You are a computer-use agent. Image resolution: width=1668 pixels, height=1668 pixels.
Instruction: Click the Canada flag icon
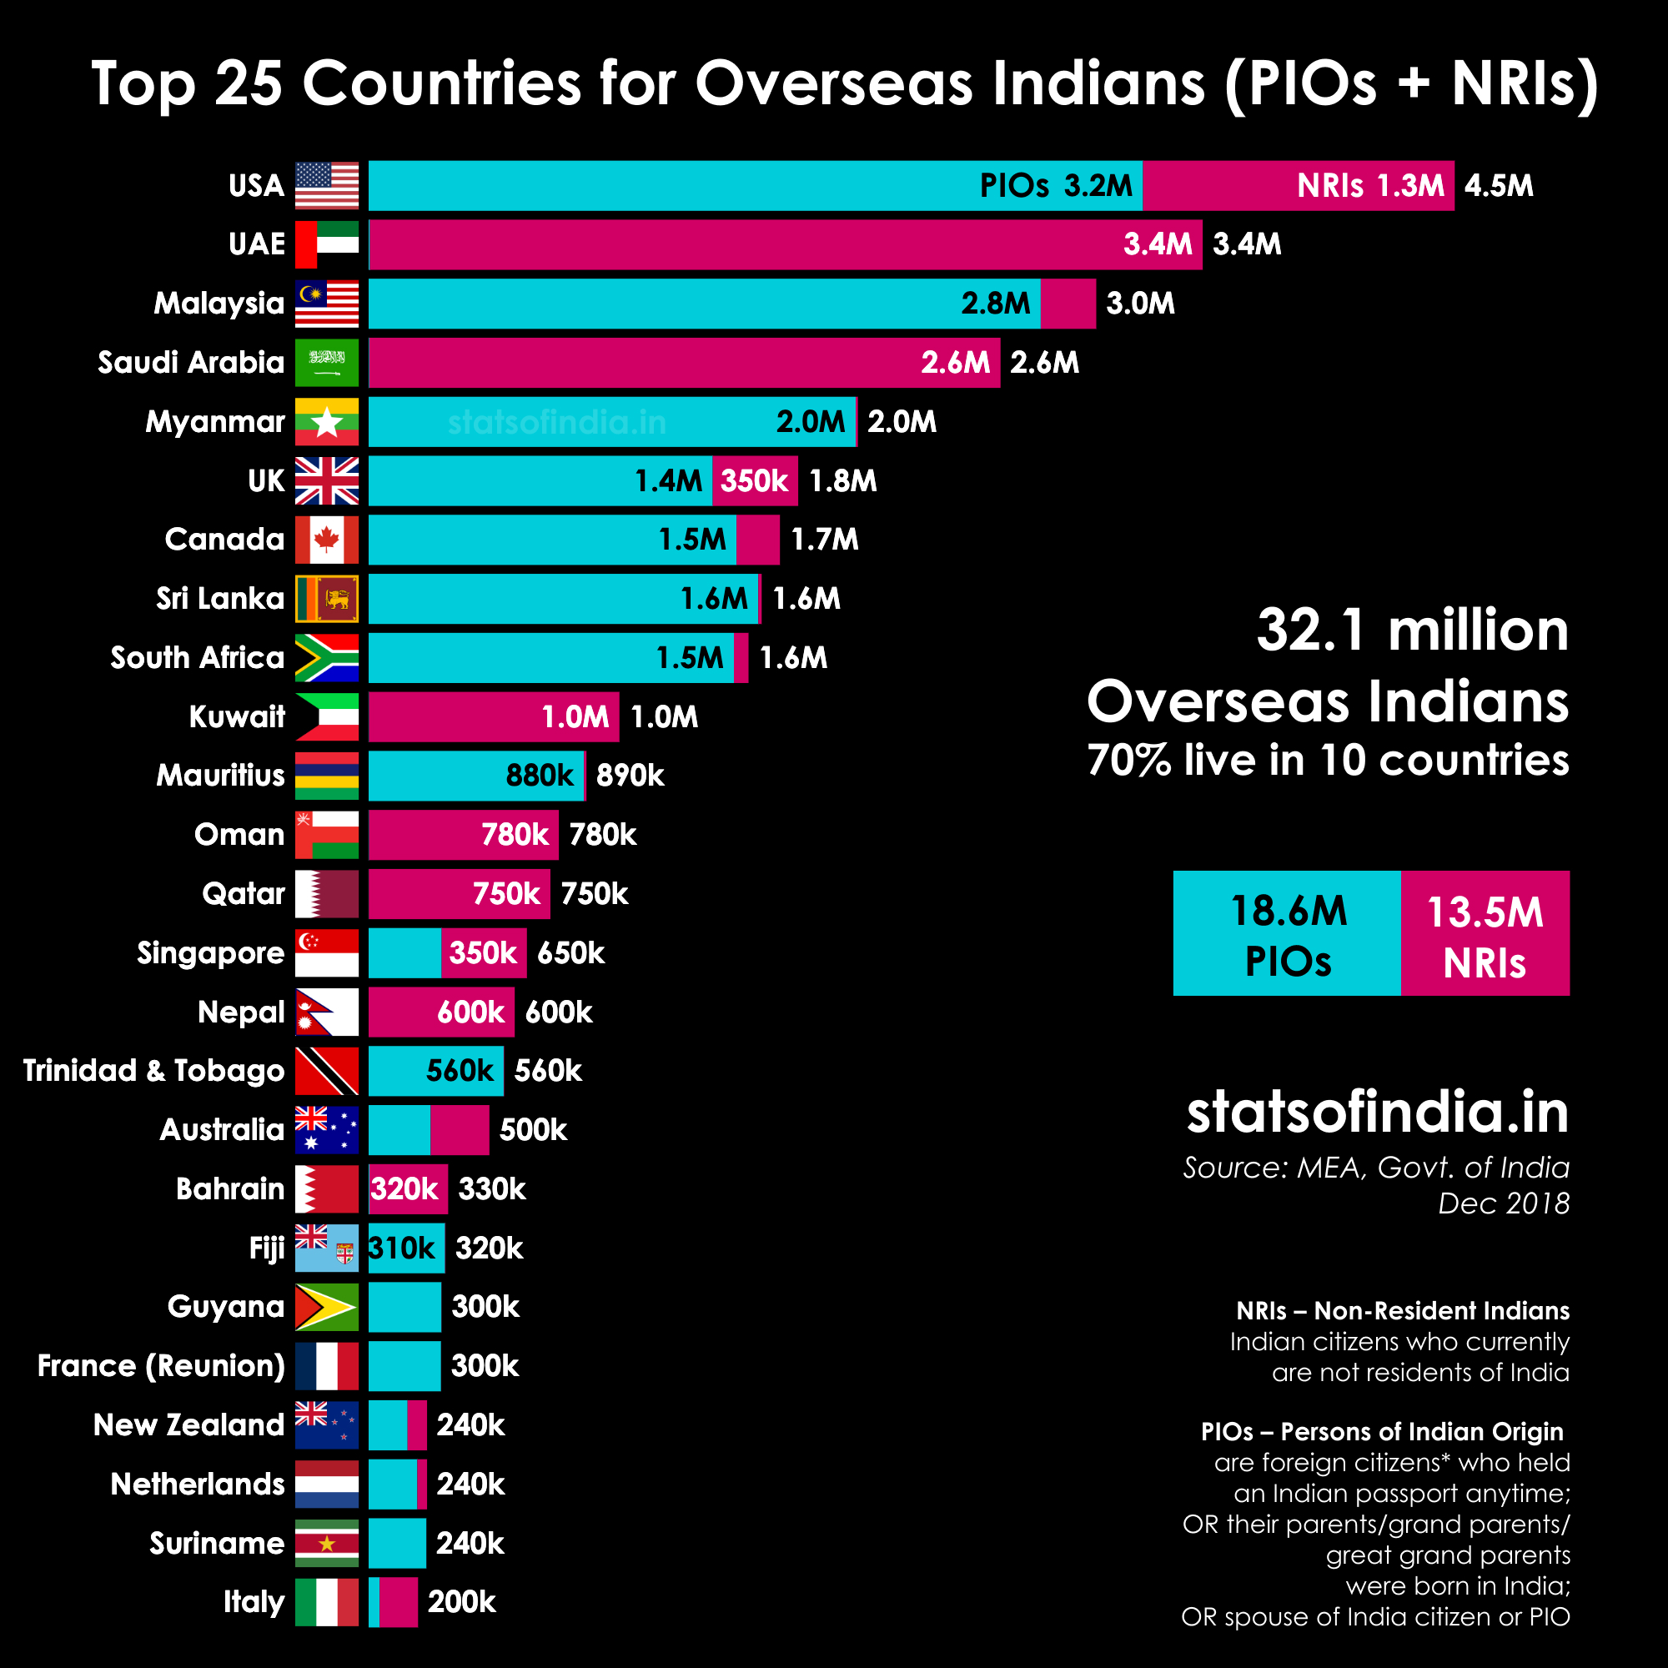pos(326,540)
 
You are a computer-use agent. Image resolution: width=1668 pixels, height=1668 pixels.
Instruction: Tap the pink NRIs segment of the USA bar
pos(1298,186)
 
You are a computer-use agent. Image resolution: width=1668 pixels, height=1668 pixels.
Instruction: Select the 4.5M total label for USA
pos(1499,186)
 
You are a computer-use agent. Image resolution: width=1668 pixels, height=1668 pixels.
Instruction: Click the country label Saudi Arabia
pos(191,363)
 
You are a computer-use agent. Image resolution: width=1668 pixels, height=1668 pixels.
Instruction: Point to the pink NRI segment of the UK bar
pos(755,481)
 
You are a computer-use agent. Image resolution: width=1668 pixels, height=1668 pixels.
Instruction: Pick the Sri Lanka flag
pos(326,598)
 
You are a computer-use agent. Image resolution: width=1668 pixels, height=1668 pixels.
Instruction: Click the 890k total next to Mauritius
pos(631,776)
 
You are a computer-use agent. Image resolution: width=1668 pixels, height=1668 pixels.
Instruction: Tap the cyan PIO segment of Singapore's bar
pos(404,953)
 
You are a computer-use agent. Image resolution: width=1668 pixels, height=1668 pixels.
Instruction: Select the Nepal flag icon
pos(326,1012)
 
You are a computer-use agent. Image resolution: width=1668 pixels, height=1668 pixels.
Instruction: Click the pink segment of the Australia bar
pos(460,1130)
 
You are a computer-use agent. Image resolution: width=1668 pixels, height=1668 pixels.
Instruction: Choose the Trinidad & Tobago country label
pos(153,1071)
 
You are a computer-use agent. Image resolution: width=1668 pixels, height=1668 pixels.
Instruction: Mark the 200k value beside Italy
pos(462,1602)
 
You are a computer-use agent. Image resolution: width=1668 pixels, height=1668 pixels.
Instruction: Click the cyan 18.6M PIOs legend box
pos(1286,933)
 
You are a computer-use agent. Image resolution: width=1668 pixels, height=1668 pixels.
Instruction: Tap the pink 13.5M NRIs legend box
pos(1485,933)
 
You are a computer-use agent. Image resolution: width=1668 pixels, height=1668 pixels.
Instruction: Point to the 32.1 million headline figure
pos(1413,631)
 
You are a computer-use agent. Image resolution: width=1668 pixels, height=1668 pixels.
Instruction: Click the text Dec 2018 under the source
pos(1503,1203)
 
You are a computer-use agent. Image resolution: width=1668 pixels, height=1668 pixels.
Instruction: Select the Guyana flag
pos(326,1307)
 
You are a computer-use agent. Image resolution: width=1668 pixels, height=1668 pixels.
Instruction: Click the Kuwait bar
pos(493,716)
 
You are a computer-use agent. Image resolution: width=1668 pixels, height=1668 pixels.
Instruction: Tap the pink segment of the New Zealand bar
pos(417,1425)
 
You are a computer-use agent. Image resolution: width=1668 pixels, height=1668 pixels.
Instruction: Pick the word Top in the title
pos(143,84)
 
